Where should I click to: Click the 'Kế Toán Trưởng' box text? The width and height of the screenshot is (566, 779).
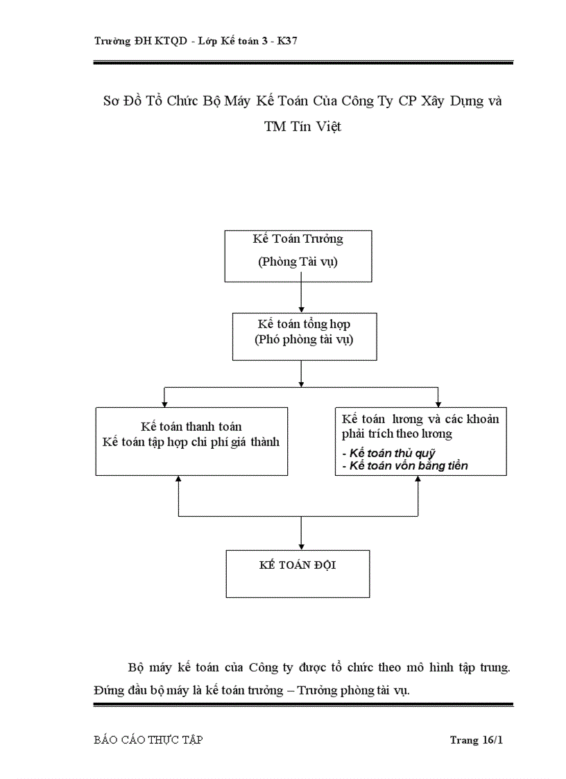(x=298, y=239)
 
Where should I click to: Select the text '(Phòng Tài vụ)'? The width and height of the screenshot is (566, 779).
(x=298, y=262)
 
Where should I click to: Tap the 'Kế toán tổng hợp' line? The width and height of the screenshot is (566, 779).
(x=304, y=325)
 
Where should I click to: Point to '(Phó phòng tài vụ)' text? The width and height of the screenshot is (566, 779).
(x=304, y=340)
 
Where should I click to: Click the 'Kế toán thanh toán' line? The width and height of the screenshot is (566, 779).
(x=191, y=427)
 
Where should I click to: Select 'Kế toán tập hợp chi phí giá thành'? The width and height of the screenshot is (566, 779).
(x=191, y=442)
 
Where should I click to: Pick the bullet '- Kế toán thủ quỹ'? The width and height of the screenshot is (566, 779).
(x=388, y=453)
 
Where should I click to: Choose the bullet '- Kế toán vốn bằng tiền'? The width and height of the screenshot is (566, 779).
(x=405, y=465)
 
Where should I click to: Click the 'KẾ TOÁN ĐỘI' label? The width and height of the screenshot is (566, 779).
(x=297, y=565)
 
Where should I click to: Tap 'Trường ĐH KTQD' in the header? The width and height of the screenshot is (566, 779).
(x=140, y=41)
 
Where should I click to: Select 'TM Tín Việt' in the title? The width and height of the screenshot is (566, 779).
(x=302, y=127)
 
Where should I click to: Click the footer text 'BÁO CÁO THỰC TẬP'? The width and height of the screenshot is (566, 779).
(x=148, y=740)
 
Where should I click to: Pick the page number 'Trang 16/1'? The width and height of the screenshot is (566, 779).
(x=476, y=740)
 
